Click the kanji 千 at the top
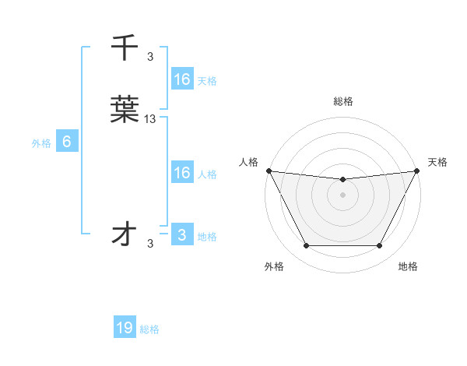125,48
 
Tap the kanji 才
125,234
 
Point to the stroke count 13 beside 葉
150,119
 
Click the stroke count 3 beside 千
150,56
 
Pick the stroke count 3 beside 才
150,244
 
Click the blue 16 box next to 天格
181,79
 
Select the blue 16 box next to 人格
181,173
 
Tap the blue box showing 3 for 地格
181,235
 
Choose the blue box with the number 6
67,142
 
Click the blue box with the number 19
125,328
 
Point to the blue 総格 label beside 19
149,329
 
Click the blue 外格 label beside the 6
41,143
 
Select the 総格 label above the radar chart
343,101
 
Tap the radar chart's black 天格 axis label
438,162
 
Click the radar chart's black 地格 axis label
408,267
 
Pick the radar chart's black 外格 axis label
274,267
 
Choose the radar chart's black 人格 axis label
248,162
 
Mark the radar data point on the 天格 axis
418,171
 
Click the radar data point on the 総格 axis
343,180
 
